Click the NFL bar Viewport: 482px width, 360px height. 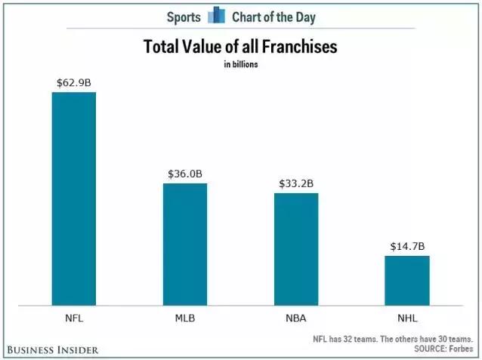(x=73, y=198)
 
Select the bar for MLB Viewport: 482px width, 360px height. (x=185, y=243)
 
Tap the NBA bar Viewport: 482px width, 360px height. (x=296, y=248)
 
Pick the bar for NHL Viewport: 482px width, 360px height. (x=407, y=279)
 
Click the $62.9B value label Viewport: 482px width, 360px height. (x=73, y=82)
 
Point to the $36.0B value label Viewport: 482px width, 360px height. (x=185, y=173)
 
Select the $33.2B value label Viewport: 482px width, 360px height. (x=296, y=183)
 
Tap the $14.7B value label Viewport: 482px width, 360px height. (x=407, y=245)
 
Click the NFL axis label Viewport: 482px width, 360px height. (x=73, y=318)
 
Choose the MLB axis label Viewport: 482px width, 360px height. (x=185, y=318)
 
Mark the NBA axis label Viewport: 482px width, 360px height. (x=296, y=318)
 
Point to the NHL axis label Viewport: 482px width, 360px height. (x=407, y=318)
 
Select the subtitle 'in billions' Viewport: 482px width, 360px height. (x=240, y=64)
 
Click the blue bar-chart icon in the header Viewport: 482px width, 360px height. (x=216, y=15)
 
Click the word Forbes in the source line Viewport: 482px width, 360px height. (x=459, y=350)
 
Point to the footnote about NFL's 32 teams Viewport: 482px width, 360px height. (x=393, y=340)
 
